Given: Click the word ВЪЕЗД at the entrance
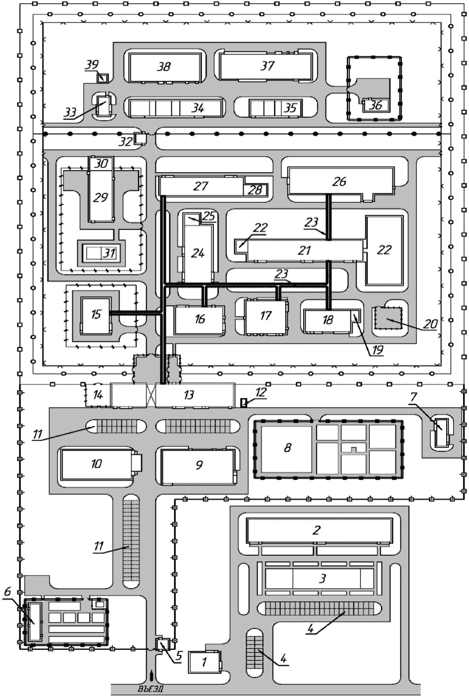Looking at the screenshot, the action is [x=151, y=690].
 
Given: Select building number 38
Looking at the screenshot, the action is [x=164, y=67].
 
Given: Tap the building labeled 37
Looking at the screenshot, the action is [x=266, y=66].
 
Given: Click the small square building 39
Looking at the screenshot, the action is [x=103, y=78].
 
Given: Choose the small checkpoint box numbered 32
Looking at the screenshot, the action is [x=140, y=138].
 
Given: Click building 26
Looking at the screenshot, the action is [x=340, y=181].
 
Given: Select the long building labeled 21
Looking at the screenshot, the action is [x=305, y=250].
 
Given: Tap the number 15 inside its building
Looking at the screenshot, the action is [x=96, y=314].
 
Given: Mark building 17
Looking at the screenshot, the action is [x=266, y=316].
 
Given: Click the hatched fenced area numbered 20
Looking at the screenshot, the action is [x=388, y=318].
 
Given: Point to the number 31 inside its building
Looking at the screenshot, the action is [x=109, y=253].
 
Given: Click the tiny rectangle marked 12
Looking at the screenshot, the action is [x=244, y=403].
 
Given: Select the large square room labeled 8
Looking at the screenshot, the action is [x=287, y=448].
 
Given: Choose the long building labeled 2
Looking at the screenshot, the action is [x=319, y=530].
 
